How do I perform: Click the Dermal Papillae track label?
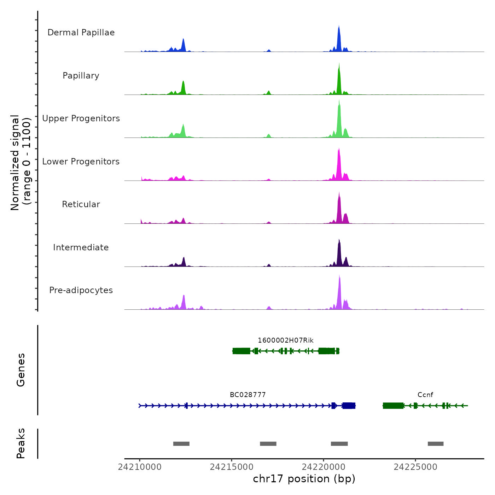click(x=81, y=33)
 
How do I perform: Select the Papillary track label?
click(x=81, y=76)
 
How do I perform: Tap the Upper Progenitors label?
click(x=81, y=118)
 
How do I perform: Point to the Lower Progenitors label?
click(x=81, y=162)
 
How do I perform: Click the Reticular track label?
click(x=81, y=204)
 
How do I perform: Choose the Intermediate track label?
click(x=81, y=248)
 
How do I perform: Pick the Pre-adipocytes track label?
click(x=81, y=290)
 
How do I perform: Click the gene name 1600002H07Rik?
click(x=285, y=340)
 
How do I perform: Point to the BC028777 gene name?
click(x=248, y=395)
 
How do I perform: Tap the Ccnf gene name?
click(x=425, y=395)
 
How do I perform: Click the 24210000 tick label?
click(x=140, y=467)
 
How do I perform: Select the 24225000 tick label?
click(x=415, y=467)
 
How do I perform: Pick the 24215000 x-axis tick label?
click(x=232, y=467)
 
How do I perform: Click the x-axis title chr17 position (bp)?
click(x=304, y=479)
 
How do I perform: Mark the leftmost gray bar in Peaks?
click(x=181, y=444)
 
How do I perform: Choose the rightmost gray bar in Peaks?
click(x=436, y=444)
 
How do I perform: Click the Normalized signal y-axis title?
click(x=21, y=163)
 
